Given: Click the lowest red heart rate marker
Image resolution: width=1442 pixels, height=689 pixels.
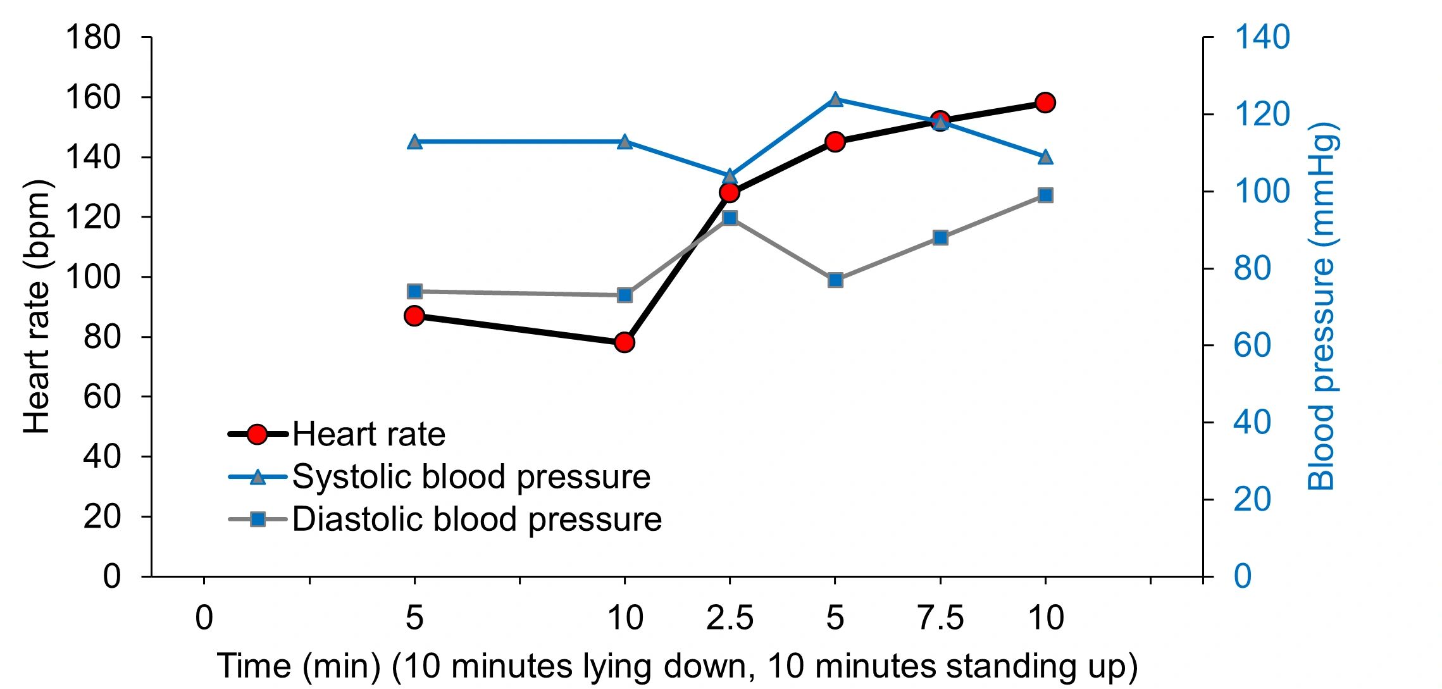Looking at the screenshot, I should (x=625, y=342).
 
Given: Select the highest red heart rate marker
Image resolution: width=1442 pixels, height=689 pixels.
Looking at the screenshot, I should (x=1045, y=102).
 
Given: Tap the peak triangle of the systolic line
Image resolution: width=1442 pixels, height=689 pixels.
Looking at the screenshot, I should (x=835, y=99).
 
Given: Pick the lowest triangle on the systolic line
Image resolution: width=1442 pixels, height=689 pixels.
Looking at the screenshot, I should (x=730, y=176).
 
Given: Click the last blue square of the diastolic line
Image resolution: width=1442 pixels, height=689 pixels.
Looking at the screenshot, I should (x=1046, y=195).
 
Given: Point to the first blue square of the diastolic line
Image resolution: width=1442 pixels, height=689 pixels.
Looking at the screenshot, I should (x=414, y=292).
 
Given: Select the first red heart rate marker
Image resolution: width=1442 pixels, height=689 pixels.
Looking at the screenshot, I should (x=414, y=316).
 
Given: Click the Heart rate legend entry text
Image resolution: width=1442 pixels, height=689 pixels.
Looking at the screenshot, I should (x=369, y=435).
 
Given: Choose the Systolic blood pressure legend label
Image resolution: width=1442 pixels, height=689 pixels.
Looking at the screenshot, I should (x=471, y=477).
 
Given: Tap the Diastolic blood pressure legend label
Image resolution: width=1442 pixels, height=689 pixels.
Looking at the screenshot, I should (x=476, y=519).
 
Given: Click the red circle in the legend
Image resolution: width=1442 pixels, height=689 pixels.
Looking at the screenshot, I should (x=258, y=435).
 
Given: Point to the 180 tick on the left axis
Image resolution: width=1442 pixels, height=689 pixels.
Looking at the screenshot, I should (x=94, y=38).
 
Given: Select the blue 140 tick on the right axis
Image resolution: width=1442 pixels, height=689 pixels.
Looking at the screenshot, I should (x=1262, y=37).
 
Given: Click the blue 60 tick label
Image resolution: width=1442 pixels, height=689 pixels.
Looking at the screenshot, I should (x=1252, y=345).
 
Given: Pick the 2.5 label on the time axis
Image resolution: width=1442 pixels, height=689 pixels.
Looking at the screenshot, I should (x=730, y=618).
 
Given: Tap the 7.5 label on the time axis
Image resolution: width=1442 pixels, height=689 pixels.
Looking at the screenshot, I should (x=940, y=618).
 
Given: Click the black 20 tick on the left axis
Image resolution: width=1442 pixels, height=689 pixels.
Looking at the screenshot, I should (x=102, y=517).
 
